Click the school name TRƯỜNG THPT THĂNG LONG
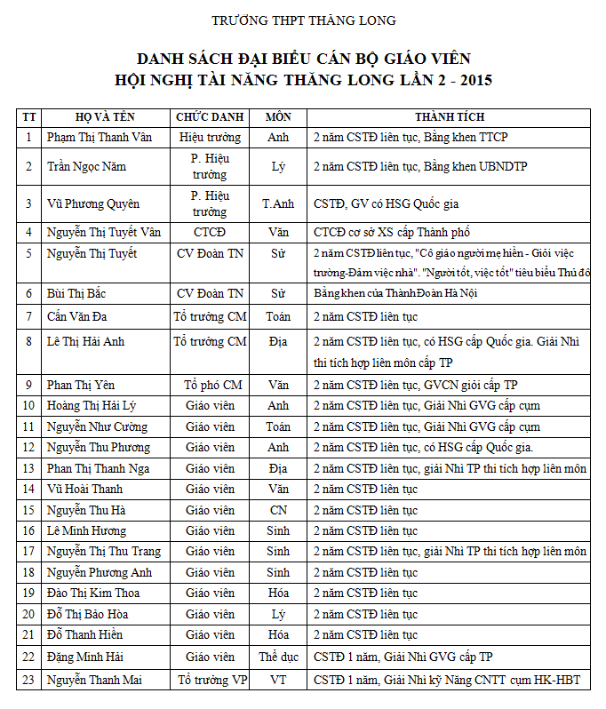(304, 20)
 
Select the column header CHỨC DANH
(210, 117)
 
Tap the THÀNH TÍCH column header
(450, 117)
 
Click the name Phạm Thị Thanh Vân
(100, 138)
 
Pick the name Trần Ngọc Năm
(87, 166)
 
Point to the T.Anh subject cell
(278, 203)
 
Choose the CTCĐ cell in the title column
(210, 233)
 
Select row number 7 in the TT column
(28, 316)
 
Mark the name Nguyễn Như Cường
(98, 426)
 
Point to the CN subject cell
(278, 510)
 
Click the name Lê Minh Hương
(86, 530)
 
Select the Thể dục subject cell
(278, 657)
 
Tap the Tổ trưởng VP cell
(211, 681)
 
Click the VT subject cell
(278, 681)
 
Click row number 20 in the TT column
(28, 614)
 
